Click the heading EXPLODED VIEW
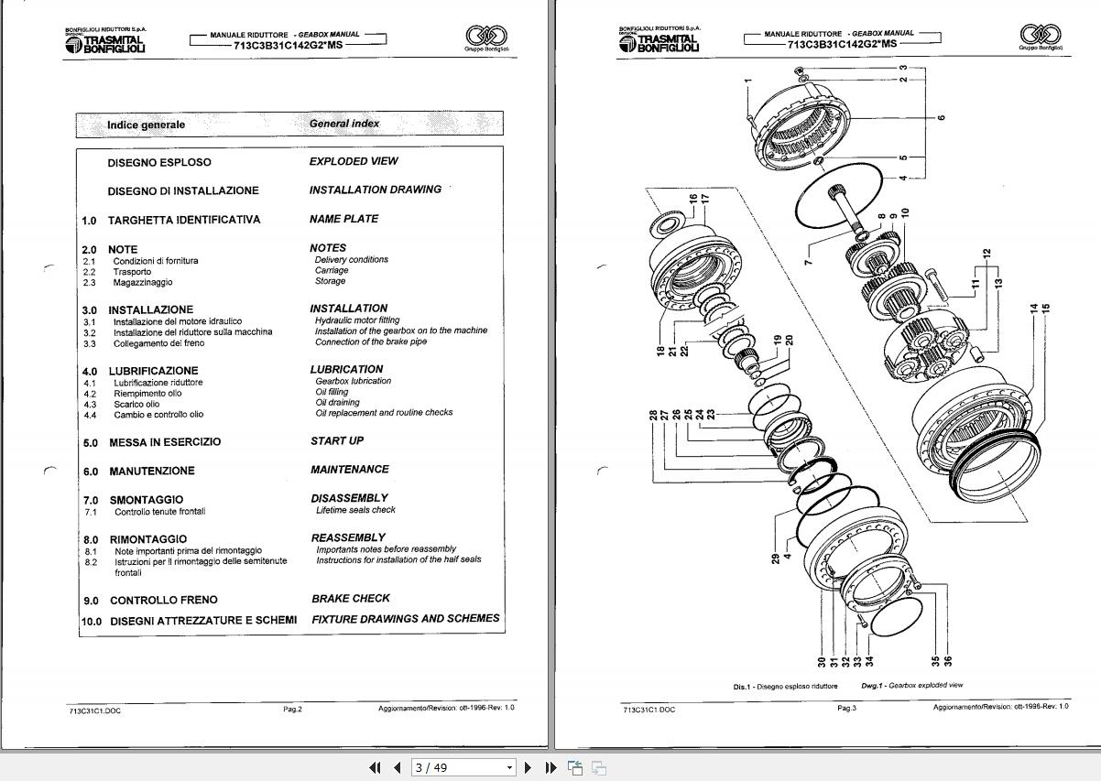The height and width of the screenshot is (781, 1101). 354,161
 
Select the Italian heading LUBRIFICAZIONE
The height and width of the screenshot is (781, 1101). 153,371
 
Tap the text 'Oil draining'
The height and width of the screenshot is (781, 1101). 337,402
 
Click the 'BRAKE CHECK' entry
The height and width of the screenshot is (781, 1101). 351,598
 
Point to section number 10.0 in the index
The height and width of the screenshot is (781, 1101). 92,621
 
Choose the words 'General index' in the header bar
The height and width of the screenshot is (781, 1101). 344,124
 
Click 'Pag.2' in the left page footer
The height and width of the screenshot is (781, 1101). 292,709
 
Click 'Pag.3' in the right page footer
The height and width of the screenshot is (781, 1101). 846,708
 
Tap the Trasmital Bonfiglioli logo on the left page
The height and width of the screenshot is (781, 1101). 105,41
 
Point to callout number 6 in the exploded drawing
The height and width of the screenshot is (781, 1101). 941,117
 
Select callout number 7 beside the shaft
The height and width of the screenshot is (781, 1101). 809,262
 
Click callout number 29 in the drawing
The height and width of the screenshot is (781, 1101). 775,559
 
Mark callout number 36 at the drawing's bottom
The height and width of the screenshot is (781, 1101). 949,660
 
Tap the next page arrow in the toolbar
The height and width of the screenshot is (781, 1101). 529,767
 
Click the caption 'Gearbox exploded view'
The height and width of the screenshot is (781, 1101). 925,685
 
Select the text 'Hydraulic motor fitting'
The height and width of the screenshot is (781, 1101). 357,320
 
